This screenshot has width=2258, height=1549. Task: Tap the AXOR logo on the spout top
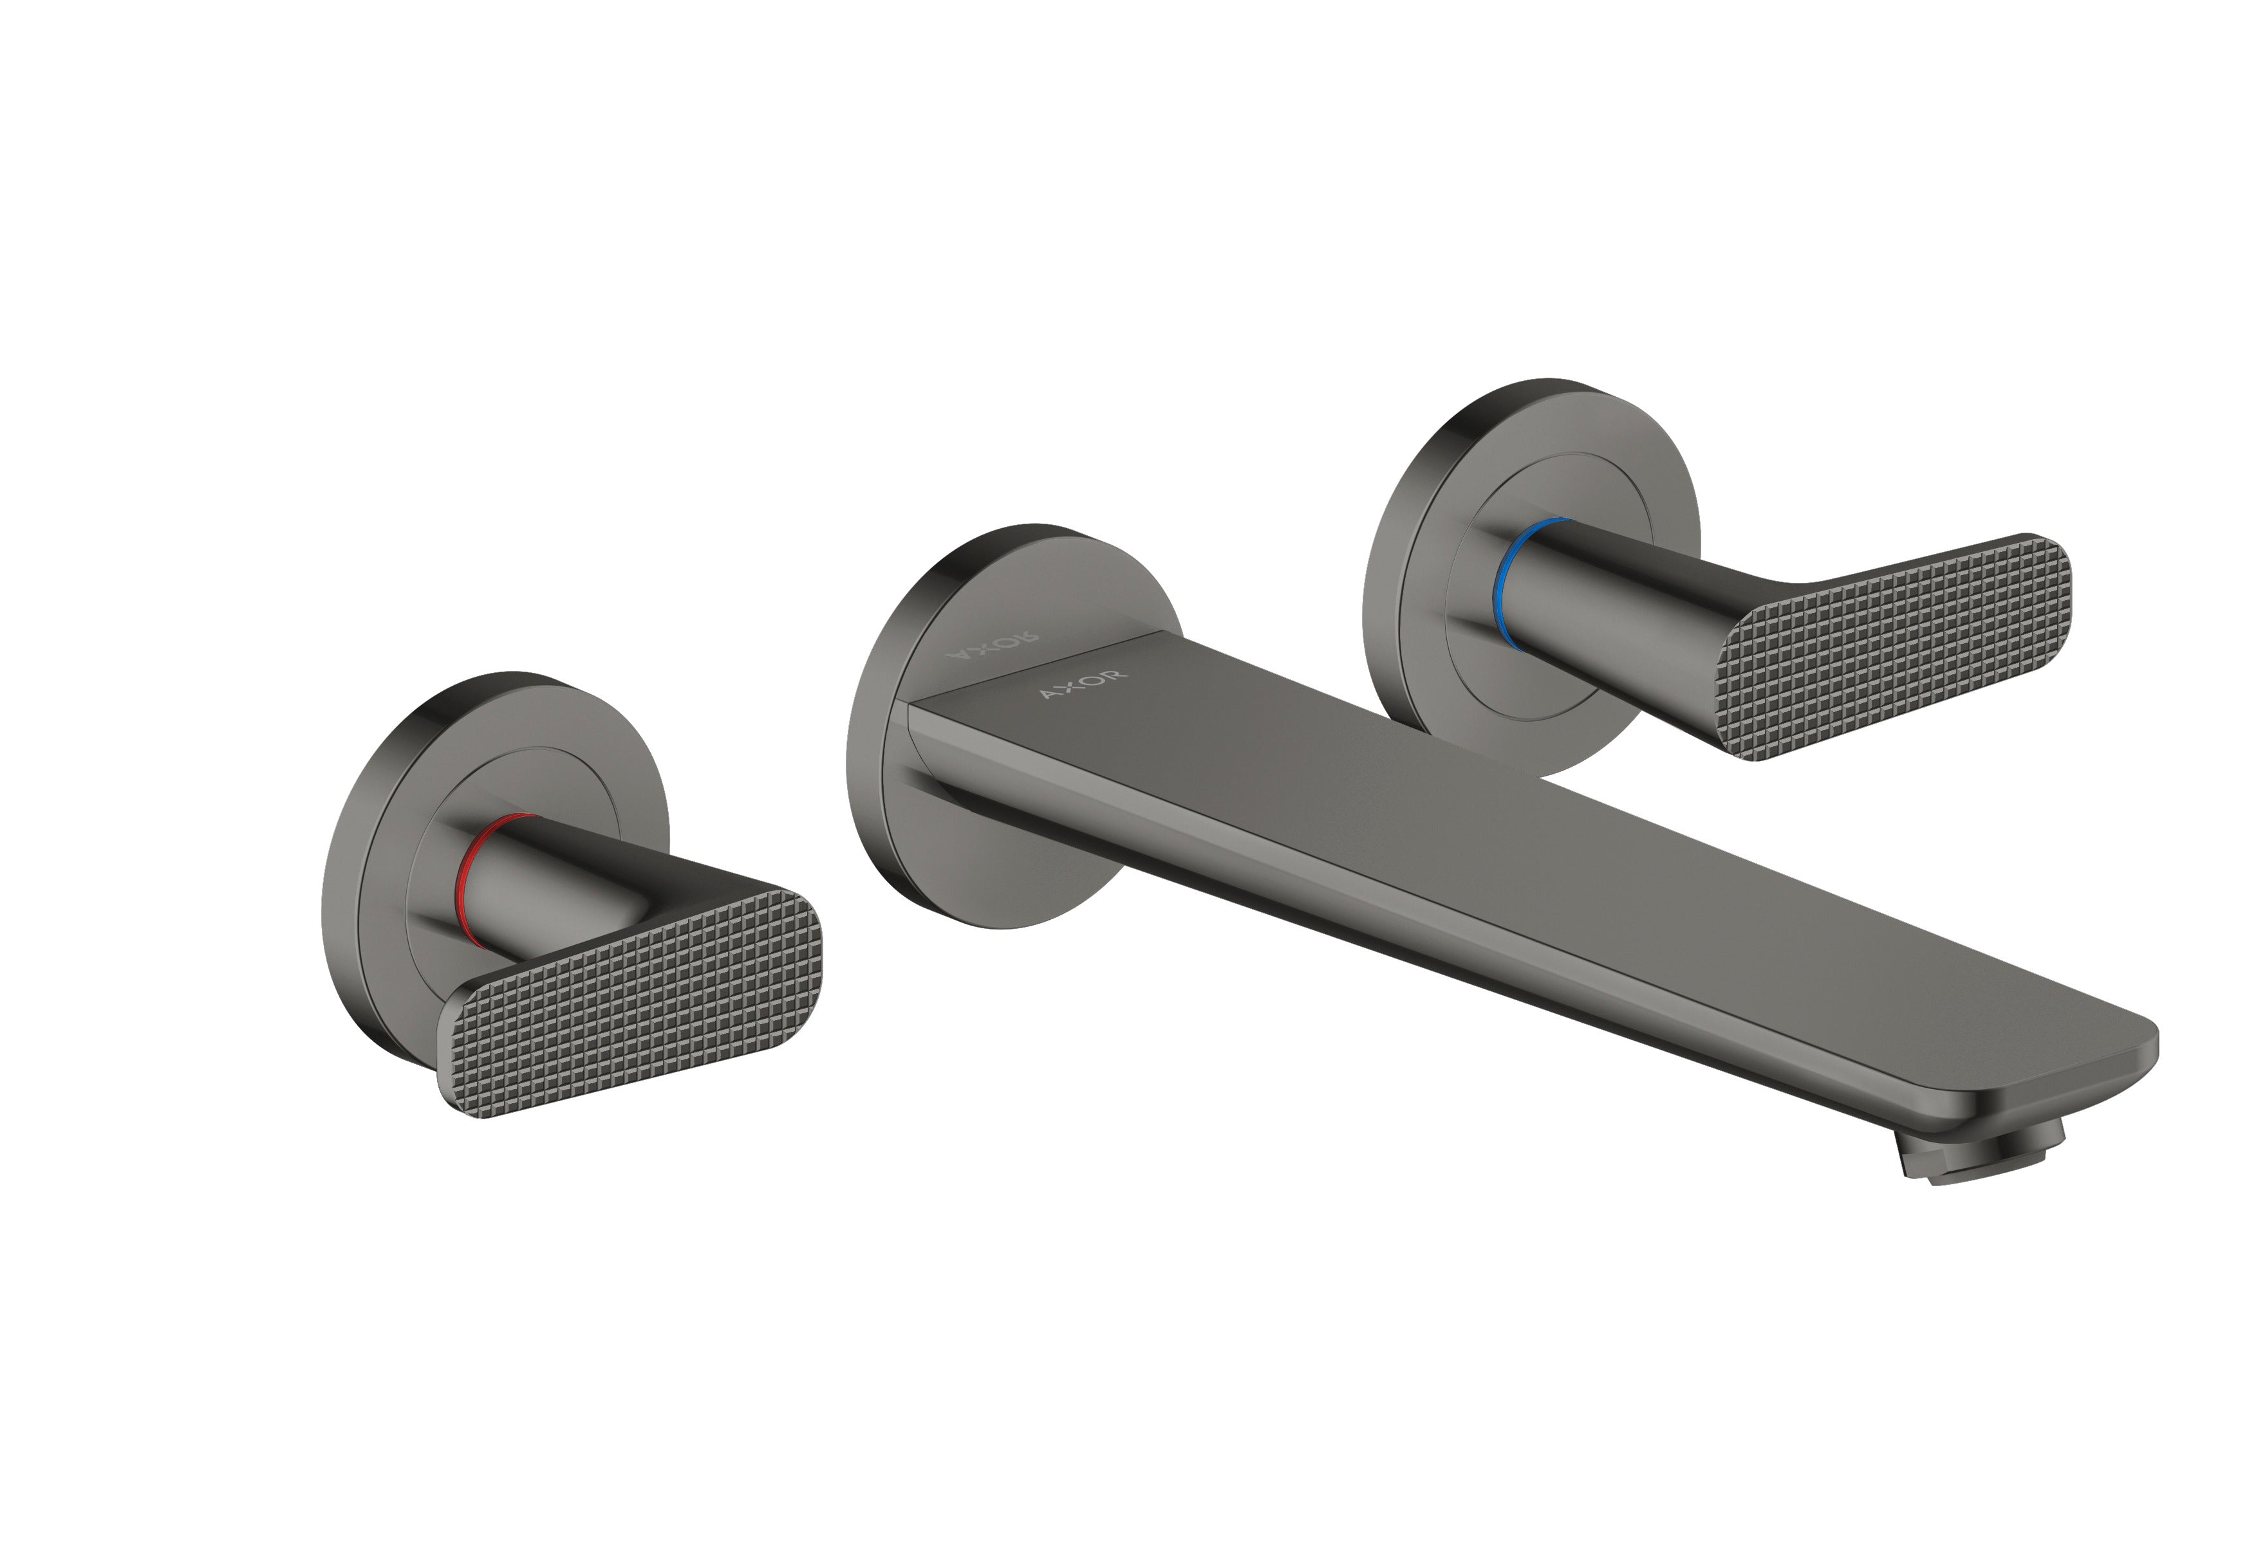pyautogui.click(x=1083, y=684)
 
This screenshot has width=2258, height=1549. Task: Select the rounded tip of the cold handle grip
pyautogui.click(x=2050, y=573)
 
